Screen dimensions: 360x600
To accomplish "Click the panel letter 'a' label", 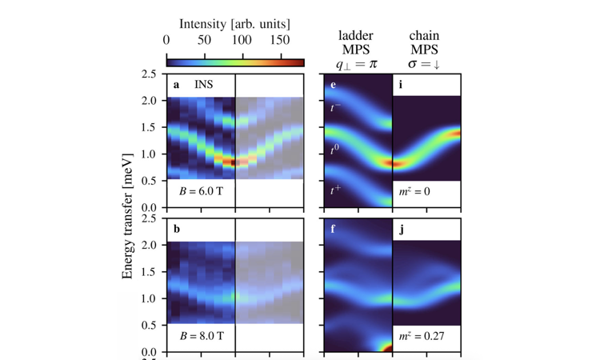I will coord(177,83).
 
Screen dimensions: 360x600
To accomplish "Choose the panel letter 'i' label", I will coord(402,83).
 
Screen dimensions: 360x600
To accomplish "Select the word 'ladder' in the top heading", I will coord(357,36).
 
